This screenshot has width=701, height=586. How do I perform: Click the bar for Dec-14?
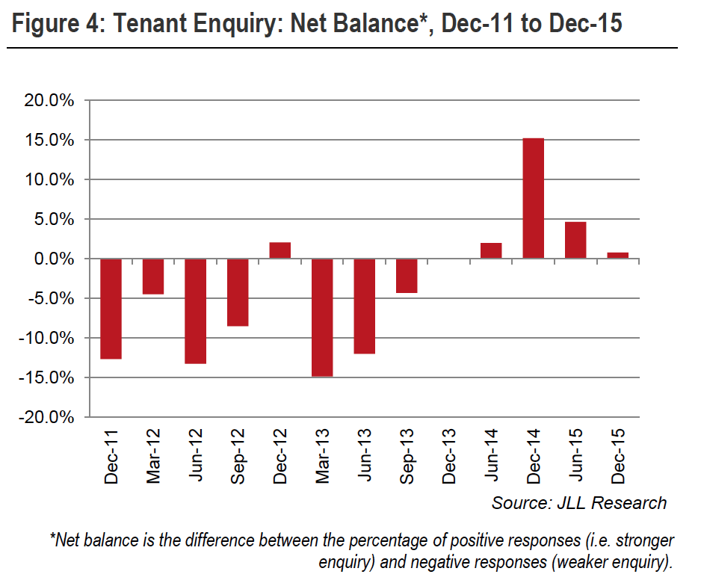(534, 198)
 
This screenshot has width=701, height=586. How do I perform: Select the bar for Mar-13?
(322, 317)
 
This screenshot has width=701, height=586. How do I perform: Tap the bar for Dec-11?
(111, 309)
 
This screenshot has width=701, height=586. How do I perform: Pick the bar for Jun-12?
(195, 311)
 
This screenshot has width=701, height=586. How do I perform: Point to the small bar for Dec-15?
(618, 255)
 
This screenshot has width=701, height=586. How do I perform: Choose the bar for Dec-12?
(280, 250)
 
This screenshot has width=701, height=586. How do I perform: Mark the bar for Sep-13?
(407, 275)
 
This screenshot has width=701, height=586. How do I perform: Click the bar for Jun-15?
(575, 240)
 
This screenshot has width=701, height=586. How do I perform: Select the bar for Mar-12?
(153, 276)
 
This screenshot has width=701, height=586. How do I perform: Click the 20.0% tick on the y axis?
(49, 101)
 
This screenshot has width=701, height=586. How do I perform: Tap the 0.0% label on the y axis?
(52, 259)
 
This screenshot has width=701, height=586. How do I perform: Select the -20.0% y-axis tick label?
(46, 417)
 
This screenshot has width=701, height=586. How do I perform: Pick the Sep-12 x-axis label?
(238, 456)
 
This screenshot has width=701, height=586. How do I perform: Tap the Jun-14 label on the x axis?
(492, 456)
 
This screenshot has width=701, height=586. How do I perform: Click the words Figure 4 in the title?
(52, 23)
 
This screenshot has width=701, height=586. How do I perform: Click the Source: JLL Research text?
(578, 503)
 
